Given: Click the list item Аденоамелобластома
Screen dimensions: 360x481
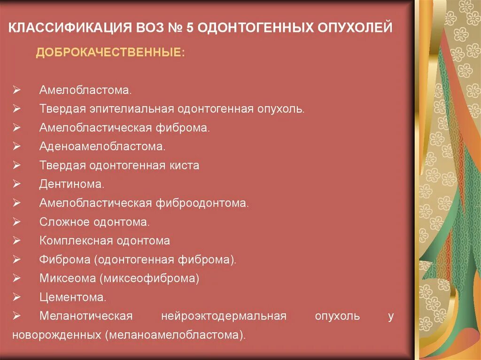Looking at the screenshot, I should tap(102, 146).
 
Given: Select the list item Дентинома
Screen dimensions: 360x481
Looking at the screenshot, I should tap(71, 184).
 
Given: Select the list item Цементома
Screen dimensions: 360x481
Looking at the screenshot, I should tap(72, 297).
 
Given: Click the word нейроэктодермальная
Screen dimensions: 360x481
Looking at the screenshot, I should tap(223, 316).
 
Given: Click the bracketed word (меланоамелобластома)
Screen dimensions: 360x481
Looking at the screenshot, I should tap(175, 335).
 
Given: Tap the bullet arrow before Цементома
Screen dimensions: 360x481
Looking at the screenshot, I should tap(16, 298).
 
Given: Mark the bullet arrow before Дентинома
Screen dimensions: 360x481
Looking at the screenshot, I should tap(16, 184).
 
